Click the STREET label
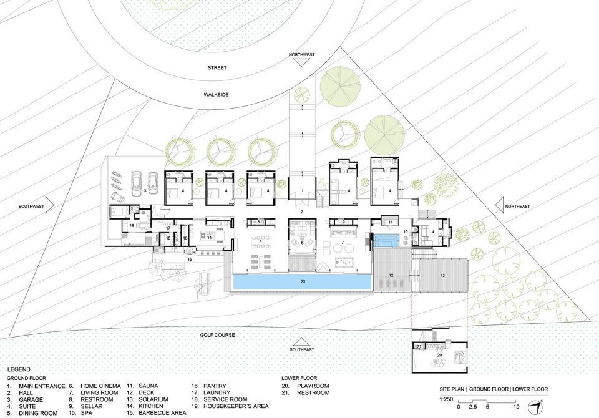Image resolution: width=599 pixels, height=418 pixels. [x=217, y=67]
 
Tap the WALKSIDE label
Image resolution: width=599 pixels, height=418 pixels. [x=216, y=94]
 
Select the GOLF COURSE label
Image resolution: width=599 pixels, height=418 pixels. [x=217, y=335]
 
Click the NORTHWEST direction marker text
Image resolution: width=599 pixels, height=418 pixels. [x=302, y=55]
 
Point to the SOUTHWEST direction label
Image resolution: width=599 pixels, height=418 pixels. [x=31, y=207]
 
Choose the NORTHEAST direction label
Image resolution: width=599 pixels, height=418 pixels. [x=518, y=207]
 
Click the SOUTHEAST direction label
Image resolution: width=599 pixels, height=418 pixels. [x=302, y=349]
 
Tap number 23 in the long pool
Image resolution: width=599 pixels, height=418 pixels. [x=303, y=282]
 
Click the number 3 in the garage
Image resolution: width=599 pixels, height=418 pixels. [x=145, y=190]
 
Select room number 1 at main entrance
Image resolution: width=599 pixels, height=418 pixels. [x=302, y=190]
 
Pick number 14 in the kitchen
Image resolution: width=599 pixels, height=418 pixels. [x=209, y=237]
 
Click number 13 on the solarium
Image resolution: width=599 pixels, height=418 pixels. [x=443, y=276]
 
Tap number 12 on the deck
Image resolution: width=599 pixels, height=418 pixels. [x=391, y=276]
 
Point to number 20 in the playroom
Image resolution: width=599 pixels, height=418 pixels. [x=439, y=356]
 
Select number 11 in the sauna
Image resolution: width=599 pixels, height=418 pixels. [x=391, y=222]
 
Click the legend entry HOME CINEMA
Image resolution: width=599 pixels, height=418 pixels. [x=100, y=386]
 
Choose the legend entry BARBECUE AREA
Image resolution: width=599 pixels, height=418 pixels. [x=162, y=413]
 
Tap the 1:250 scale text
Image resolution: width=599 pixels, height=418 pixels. [x=446, y=399]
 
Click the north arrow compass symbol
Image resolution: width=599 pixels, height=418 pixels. [x=535, y=407]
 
